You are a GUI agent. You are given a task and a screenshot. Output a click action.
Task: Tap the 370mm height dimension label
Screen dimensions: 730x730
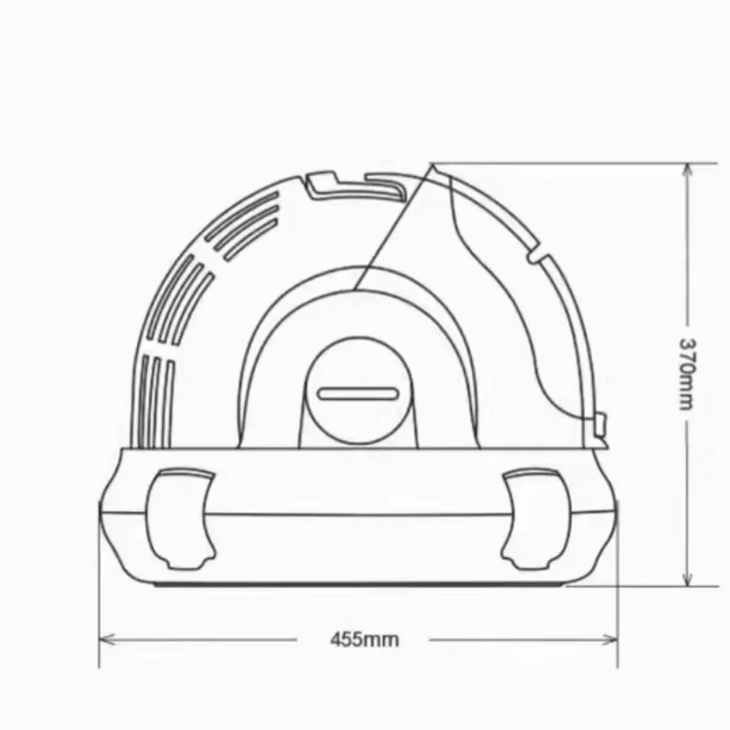(687, 374)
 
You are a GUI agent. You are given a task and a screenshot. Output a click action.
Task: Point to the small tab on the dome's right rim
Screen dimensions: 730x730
(539, 256)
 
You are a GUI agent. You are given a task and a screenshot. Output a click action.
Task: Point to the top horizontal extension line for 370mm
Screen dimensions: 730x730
(568, 162)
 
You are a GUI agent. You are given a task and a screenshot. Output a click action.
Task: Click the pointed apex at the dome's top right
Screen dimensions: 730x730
(432, 165)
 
